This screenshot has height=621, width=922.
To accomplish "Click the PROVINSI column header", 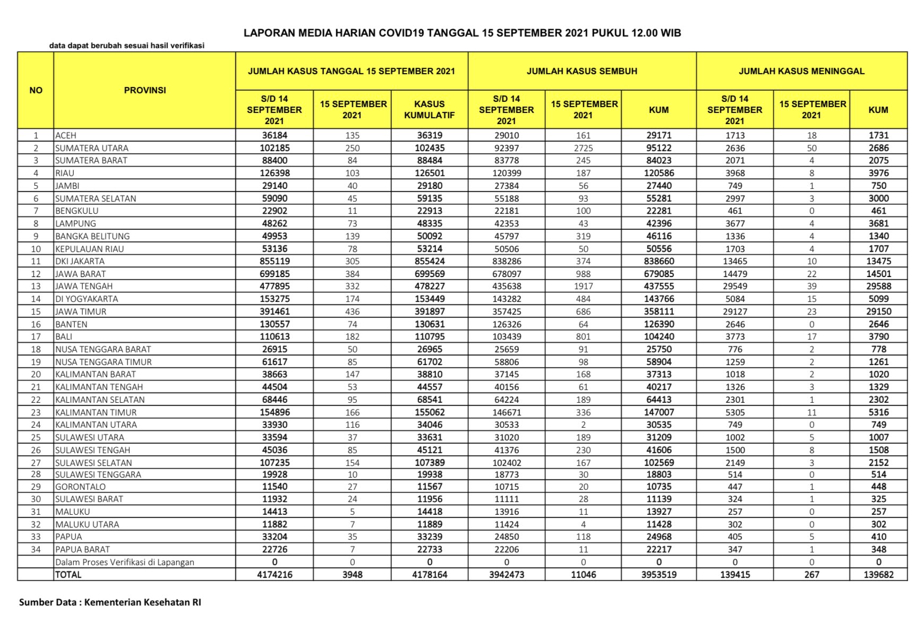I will (x=144, y=90).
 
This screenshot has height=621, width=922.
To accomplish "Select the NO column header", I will (x=36, y=90).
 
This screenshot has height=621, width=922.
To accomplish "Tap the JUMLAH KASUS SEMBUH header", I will (x=582, y=71).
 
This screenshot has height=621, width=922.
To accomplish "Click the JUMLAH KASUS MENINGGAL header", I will (x=801, y=71).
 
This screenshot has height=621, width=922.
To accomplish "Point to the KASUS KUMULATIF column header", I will (x=429, y=110).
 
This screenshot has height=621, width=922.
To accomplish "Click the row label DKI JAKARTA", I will (x=80, y=261).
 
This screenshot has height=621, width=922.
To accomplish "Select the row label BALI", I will (x=64, y=337).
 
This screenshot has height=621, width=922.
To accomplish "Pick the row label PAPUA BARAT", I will (x=82, y=549).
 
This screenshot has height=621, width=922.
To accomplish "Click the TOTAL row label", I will (x=69, y=574).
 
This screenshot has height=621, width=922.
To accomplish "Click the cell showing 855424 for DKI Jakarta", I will (x=430, y=261).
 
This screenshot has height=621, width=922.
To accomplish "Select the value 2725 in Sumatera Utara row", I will (x=583, y=148).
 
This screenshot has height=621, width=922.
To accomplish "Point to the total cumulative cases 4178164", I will (x=430, y=574).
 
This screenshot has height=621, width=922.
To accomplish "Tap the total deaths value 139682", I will (x=878, y=574).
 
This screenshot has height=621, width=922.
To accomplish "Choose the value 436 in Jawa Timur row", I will (x=352, y=312).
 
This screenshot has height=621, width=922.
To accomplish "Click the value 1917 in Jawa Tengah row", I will (x=583, y=286).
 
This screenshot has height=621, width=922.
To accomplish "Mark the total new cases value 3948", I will (x=352, y=574).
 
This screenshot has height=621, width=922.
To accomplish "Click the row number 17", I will (x=36, y=337).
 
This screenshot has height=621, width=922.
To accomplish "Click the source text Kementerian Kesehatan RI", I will (x=142, y=602).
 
